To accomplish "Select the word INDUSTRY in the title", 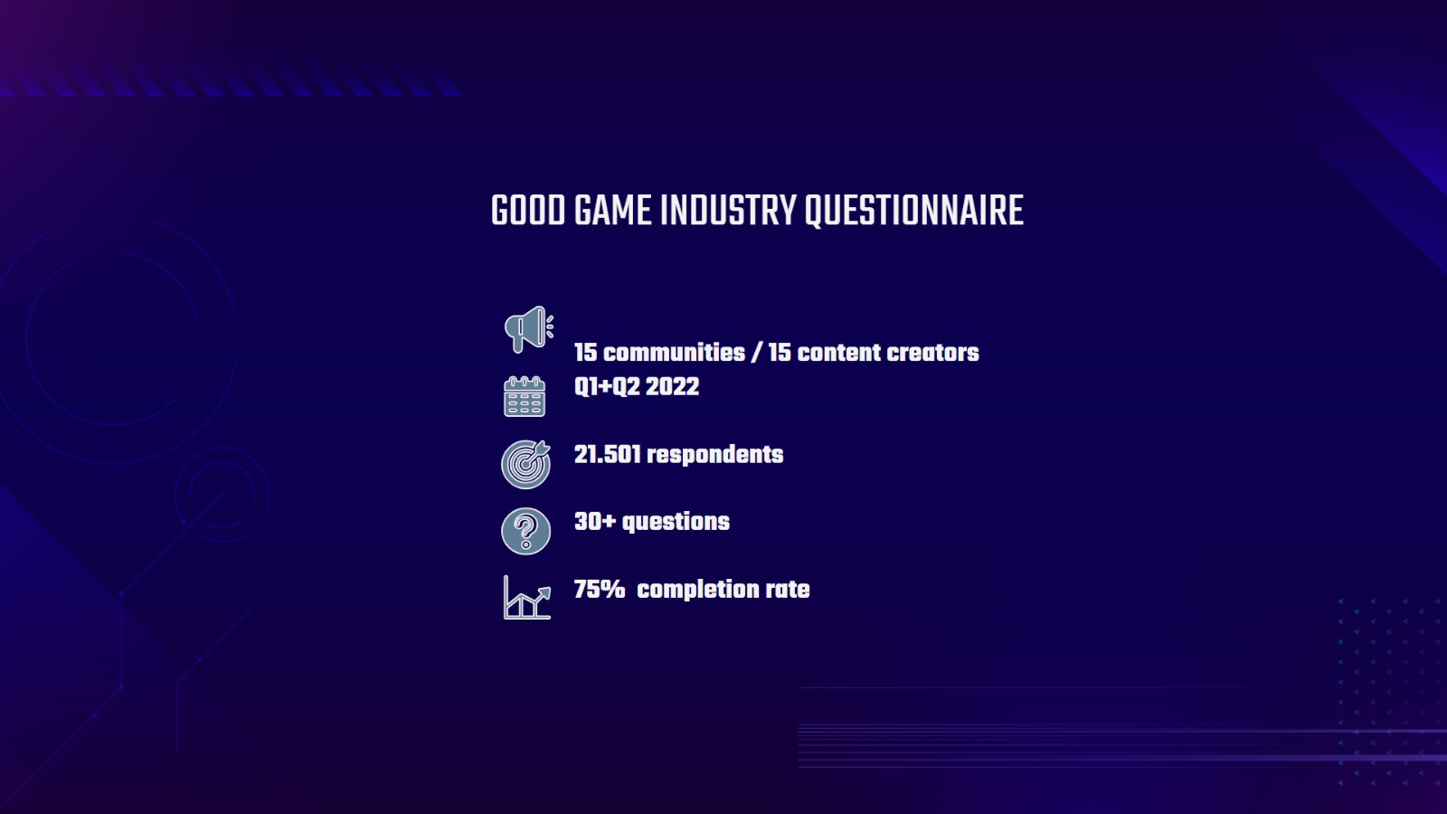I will click(x=728, y=211).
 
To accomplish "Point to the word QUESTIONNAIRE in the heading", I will click(x=913, y=211).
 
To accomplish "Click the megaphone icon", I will click(x=528, y=329).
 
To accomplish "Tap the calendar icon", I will click(x=525, y=396).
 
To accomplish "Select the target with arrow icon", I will click(x=525, y=464).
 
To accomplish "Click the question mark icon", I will click(x=525, y=530).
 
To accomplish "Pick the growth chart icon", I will click(x=526, y=598).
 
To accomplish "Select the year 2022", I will click(x=672, y=387).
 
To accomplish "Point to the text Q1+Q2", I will click(x=607, y=387).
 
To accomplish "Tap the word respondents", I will click(x=714, y=455).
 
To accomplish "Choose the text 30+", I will click(x=594, y=522).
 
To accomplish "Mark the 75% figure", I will click(x=599, y=590).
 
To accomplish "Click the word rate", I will click(x=787, y=590).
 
